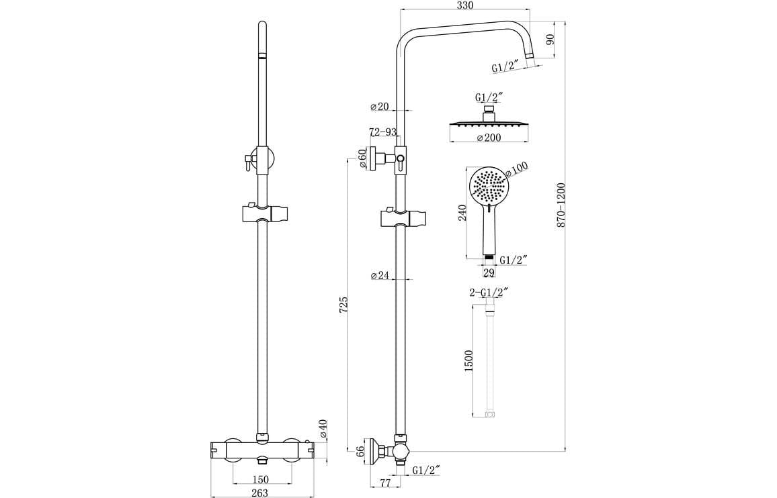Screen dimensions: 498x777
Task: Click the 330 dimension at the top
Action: (464, 5)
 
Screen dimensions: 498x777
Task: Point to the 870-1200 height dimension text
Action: (561, 204)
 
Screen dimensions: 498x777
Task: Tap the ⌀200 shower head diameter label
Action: (489, 138)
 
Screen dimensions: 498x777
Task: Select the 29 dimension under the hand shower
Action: (489, 273)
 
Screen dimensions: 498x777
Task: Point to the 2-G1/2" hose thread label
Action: (489, 293)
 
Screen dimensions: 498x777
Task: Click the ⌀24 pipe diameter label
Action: (380, 275)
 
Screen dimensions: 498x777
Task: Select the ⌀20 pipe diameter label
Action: (380, 106)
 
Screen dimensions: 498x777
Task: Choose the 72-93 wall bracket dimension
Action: (382, 132)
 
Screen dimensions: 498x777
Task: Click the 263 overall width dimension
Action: (259, 493)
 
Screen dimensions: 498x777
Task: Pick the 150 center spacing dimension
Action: (261, 479)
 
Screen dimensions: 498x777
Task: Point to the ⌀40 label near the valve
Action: (323, 430)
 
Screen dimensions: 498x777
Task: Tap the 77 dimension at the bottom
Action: (386, 482)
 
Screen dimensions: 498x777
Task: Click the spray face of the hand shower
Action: (490, 187)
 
